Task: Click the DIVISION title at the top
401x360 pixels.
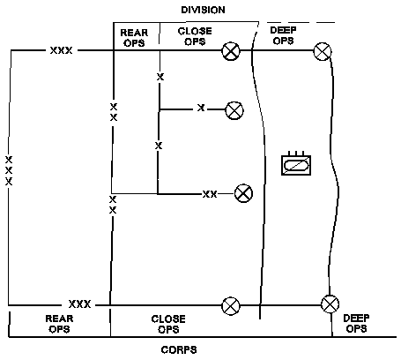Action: pyautogui.click(x=203, y=10)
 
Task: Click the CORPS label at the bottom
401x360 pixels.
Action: pyautogui.click(x=179, y=350)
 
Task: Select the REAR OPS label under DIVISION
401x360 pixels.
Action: pyautogui.click(x=134, y=38)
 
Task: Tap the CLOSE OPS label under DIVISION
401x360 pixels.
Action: pyautogui.click(x=195, y=36)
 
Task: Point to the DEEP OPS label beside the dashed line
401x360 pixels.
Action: pyautogui.click(x=283, y=35)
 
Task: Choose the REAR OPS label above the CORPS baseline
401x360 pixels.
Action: pyautogui.click(x=59, y=324)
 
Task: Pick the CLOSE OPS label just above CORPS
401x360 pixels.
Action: pyautogui.click(x=168, y=324)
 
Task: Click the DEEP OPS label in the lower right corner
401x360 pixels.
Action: pyautogui.click(x=356, y=323)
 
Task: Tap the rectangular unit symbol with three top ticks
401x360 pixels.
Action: pyautogui.click(x=296, y=163)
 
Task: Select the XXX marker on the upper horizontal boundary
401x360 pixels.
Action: pyautogui.click(x=61, y=50)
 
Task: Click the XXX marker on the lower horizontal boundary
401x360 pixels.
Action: pyautogui.click(x=80, y=304)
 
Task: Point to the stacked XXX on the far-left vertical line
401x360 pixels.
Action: pyautogui.click(x=9, y=171)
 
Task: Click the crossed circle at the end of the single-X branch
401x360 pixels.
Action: pyautogui.click(x=234, y=110)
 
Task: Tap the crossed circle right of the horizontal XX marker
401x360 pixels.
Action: pyautogui.click(x=243, y=193)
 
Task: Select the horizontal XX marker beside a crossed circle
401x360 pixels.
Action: pyautogui.click(x=210, y=194)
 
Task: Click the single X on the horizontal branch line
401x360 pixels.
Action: pyautogui.click(x=201, y=108)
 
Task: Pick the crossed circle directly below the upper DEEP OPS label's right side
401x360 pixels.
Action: pyautogui.click(x=323, y=51)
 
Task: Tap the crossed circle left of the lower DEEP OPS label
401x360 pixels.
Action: pyautogui.click(x=330, y=304)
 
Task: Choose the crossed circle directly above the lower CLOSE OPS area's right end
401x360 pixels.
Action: pyautogui.click(x=231, y=306)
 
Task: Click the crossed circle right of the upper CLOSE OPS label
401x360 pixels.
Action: pyautogui.click(x=231, y=51)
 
